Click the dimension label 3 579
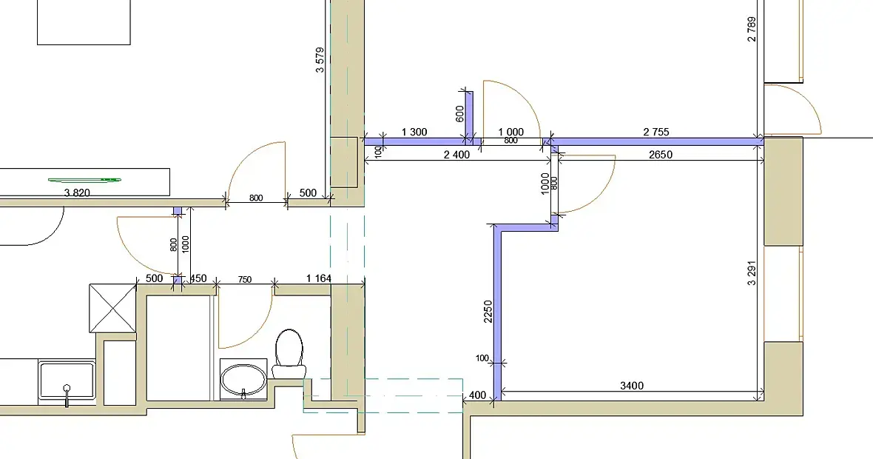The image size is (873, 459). tap(320, 60)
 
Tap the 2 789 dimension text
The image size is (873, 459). tap(752, 30)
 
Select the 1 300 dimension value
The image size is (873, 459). tap(414, 132)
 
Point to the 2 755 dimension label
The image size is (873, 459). tap(656, 132)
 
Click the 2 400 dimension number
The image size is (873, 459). tap(456, 155)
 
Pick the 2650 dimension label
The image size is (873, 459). tap(661, 155)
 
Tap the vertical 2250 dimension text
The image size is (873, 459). tap(488, 312)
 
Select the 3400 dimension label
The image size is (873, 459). tap(632, 386)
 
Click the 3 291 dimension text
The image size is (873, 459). tap(752, 273)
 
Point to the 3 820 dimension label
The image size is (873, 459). tap(78, 193)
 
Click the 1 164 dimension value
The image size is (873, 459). tap(319, 278)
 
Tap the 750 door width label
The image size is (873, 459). tap(244, 280)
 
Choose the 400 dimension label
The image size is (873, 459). tap(478, 395)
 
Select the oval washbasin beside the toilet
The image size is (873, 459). tap(244, 380)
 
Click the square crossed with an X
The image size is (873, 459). tap(113, 308)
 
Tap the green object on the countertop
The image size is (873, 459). tap(84, 179)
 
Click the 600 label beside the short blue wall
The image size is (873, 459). tap(459, 114)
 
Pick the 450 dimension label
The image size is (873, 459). tap(198, 278)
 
